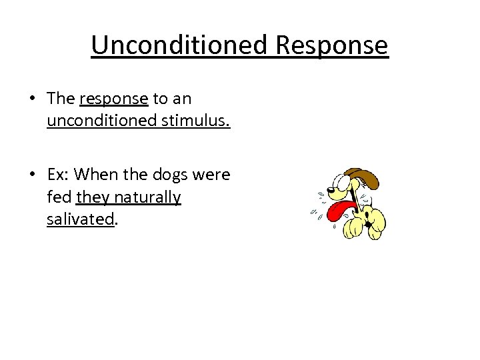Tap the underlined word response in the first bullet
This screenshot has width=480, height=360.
pyautogui.click(x=113, y=99)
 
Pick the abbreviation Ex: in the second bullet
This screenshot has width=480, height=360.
pyautogui.click(x=58, y=175)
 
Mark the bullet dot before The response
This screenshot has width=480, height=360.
pyautogui.click(x=32, y=99)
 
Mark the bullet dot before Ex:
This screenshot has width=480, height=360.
pyautogui.click(x=32, y=175)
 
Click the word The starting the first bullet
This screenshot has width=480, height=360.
pyautogui.click(x=61, y=99)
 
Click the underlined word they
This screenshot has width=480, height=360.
pyautogui.click(x=93, y=198)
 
